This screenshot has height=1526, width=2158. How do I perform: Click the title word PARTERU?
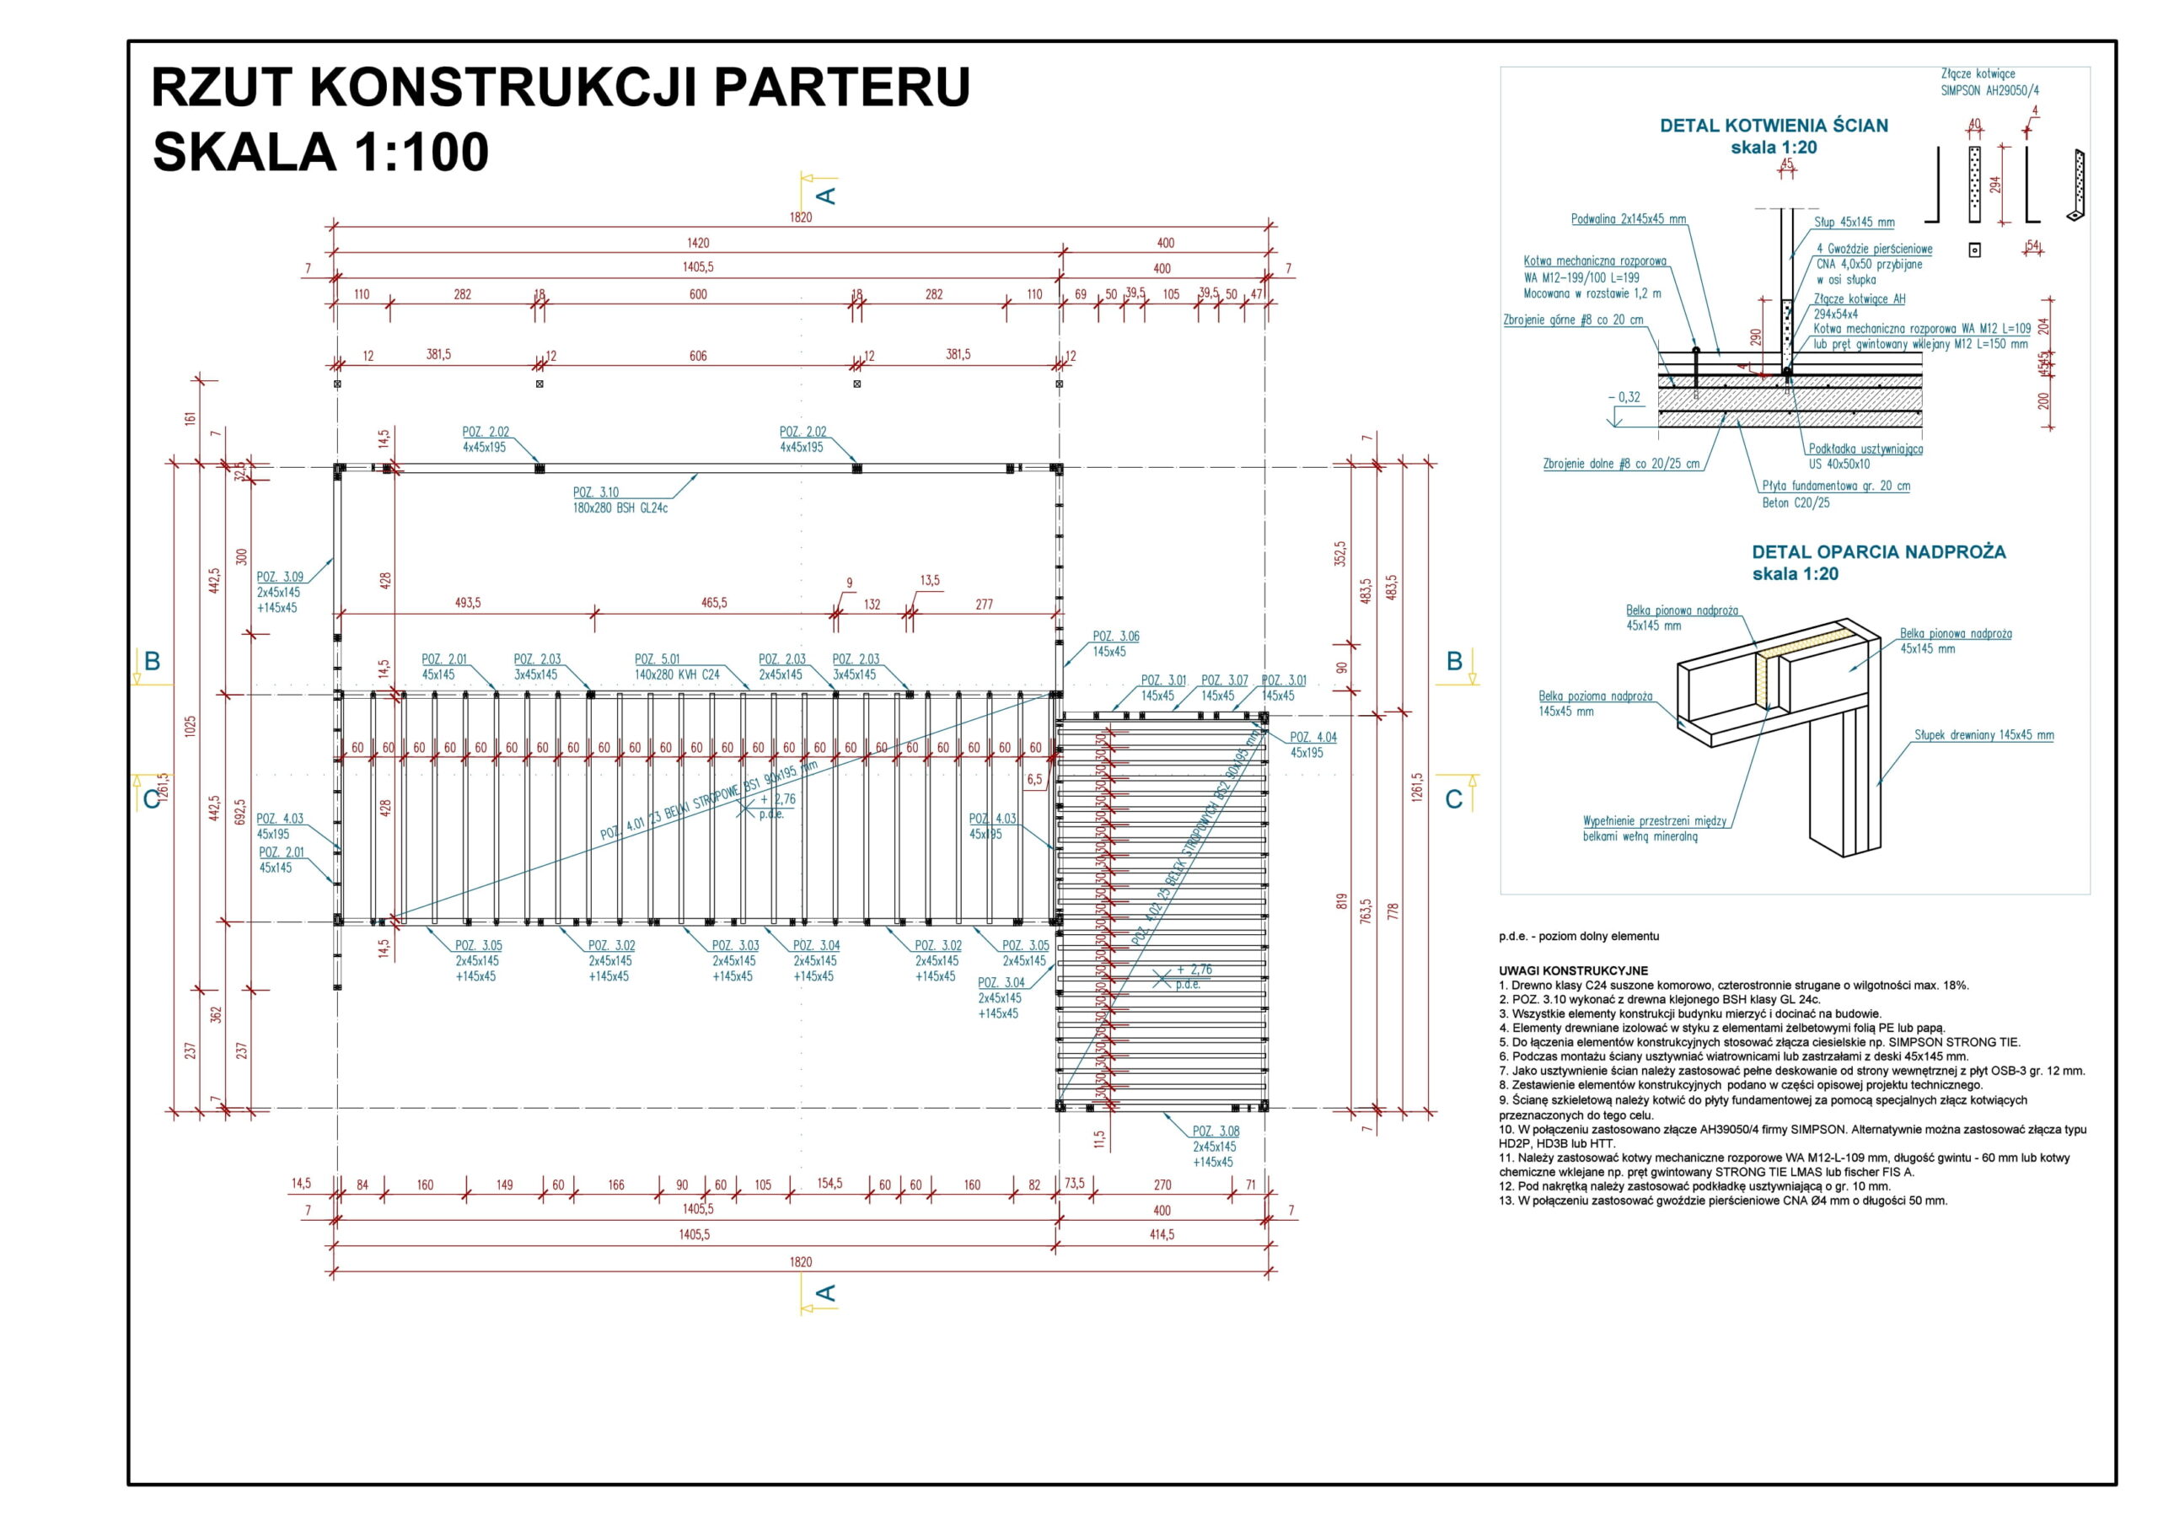(x=841, y=88)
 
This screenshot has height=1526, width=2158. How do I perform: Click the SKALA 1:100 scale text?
(x=320, y=153)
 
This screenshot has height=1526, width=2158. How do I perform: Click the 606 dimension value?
(x=697, y=357)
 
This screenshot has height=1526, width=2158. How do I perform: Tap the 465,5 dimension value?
(x=713, y=603)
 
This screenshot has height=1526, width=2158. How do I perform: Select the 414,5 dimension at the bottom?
(x=1162, y=1234)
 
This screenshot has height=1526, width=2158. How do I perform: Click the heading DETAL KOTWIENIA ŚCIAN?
(x=1774, y=126)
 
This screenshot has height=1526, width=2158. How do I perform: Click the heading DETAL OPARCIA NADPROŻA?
(x=1878, y=553)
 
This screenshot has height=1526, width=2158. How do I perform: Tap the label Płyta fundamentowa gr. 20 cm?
(x=1836, y=486)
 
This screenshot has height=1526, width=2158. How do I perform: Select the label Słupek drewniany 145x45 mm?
(x=1984, y=735)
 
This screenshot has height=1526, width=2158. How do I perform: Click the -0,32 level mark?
(x=1624, y=398)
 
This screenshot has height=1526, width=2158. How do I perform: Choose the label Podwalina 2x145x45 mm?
(x=1628, y=219)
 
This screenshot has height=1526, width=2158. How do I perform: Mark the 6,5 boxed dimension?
(x=1035, y=780)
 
